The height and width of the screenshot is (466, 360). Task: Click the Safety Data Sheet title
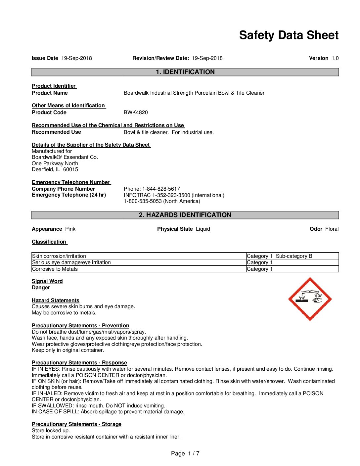pyautogui.click(x=289, y=35)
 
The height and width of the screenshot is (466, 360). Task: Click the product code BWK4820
pyautogui.click(x=136, y=113)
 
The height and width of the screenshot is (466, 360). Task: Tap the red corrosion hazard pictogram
pyautogui.click(x=310, y=299)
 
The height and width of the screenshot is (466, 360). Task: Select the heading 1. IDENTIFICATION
pyautogui.click(x=185, y=72)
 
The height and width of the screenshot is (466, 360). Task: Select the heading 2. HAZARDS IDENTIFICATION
pyautogui.click(x=185, y=215)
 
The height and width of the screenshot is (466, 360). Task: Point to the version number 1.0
pyautogui.click(x=335, y=58)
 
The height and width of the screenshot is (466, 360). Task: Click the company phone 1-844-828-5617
pyautogui.click(x=161, y=189)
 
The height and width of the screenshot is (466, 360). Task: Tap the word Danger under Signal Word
pyautogui.click(x=41, y=288)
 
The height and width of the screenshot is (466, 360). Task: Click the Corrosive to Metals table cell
pyautogui.click(x=55, y=269)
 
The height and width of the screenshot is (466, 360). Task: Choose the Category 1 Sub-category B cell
pyautogui.click(x=279, y=256)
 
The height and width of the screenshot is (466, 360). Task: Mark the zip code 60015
pyautogui.click(x=70, y=169)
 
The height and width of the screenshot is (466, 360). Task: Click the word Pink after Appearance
pyautogui.click(x=70, y=229)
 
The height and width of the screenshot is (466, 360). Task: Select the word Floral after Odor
pyautogui.click(x=332, y=229)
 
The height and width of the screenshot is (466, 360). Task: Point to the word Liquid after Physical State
pyautogui.click(x=203, y=229)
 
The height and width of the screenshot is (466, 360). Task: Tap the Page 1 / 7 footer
pyautogui.click(x=185, y=453)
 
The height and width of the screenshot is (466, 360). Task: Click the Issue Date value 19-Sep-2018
pyautogui.click(x=76, y=58)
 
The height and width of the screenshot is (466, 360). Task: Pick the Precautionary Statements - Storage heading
pyautogui.click(x=76, y=424)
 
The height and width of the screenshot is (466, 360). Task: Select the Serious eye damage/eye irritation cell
pyautogui.click(x=71, y=262)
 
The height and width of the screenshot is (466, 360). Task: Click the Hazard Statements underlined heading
pyautogui.click(x=56, y=301)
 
